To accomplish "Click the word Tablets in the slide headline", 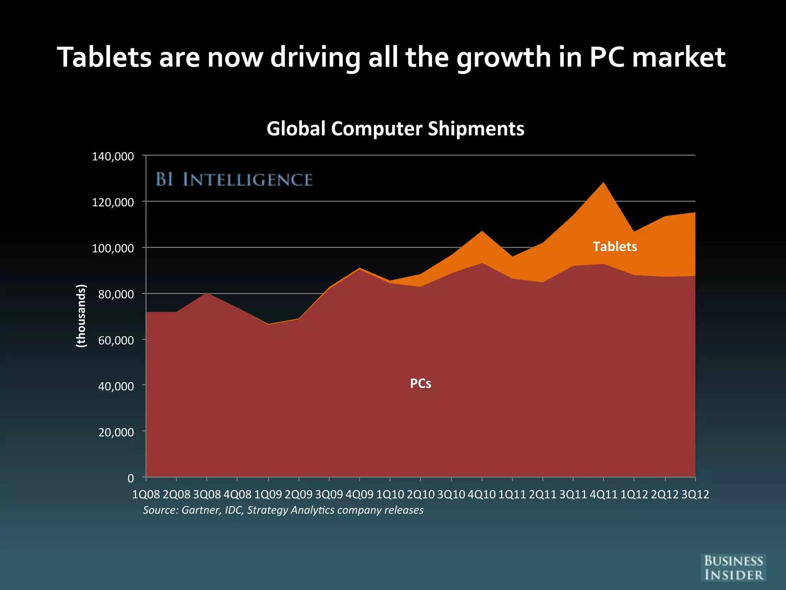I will coord(104,58).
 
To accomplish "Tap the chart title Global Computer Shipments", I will coord(395,128).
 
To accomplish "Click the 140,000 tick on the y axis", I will coord(113,156).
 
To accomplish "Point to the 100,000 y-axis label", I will coord(113,248).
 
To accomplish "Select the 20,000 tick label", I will coord(116,433).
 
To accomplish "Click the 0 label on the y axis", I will coord(130,479).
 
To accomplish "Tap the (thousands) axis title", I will coord(81,316).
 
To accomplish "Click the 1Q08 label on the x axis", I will coord(146,494).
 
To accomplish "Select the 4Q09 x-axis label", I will coord(359,494).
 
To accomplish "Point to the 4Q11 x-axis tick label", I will coord(603,494).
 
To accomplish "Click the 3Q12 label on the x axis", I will coord(695,494).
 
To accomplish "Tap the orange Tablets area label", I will coord(615,247).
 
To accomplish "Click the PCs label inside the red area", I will coord(421,383).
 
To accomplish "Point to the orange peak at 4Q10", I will coord(482,232).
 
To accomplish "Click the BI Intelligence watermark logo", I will coord(234,180).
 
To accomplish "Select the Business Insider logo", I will coord(733,568).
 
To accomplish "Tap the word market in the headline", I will coord(678,58).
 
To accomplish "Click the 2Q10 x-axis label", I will coord(421,494).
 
